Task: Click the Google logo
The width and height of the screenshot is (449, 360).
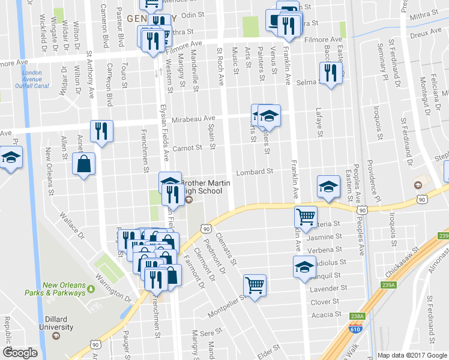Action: click(20, 353)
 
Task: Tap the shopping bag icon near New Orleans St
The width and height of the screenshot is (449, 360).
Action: click(83, 164)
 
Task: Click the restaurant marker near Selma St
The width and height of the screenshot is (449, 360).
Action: click(330, 74)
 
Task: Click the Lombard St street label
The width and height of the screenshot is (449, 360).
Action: click(254, 171)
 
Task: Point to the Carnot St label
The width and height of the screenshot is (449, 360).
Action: click(185, 147)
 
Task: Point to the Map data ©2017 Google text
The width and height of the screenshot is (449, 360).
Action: click(412, 355)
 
